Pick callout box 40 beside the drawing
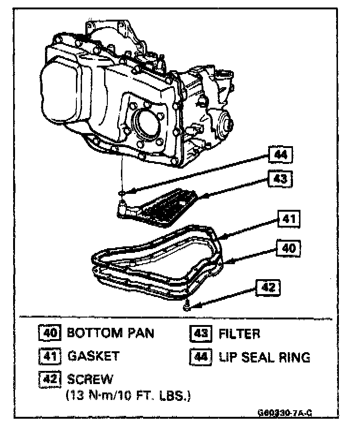point(288,248)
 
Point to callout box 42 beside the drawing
point(268,287)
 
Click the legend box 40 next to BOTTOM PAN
point(49,333)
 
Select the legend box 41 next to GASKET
point(49,356)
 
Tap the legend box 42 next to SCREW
point(49,378)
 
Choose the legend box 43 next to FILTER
point(201,334)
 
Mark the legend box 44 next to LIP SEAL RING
point(201,357)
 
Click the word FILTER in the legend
point(239,334)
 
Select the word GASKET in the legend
point(94,356)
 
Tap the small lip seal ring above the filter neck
point(121,192)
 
